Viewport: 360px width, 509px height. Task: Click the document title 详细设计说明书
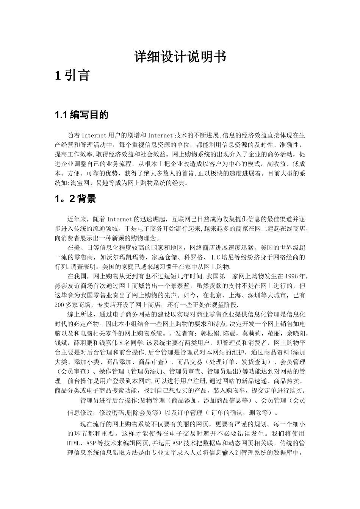pos(180,57)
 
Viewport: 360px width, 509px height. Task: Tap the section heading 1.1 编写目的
pos(81,115)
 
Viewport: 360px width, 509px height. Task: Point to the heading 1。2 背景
pos(75,199)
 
